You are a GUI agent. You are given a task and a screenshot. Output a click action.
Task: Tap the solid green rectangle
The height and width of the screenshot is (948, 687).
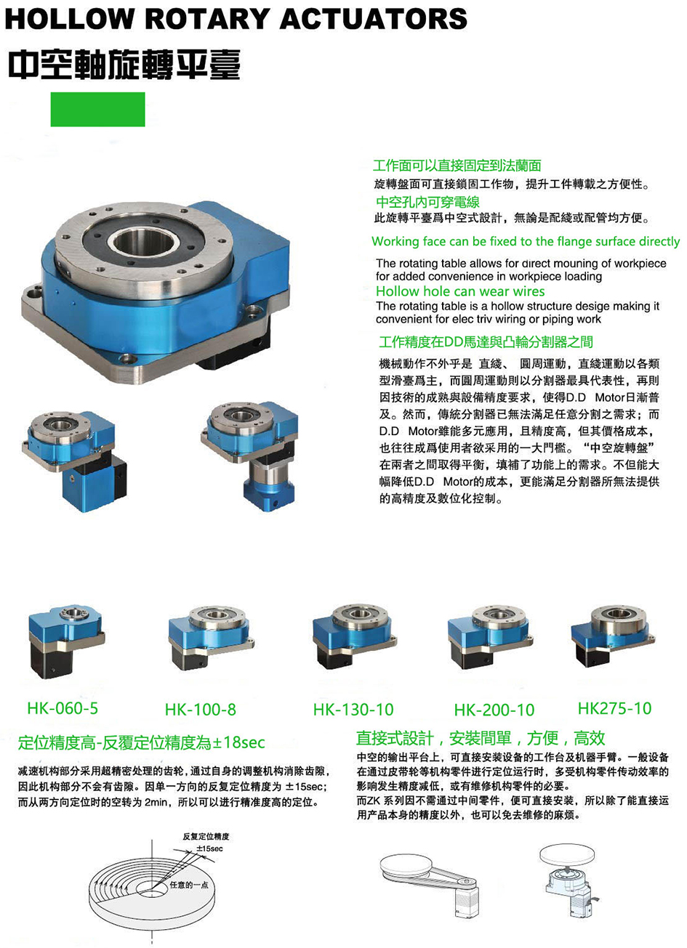pos(97,109)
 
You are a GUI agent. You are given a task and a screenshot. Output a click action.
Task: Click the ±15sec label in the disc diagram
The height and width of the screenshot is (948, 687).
pos(209,848)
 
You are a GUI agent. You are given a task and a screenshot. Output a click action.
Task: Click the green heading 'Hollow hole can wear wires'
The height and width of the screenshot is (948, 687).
pos(460,291)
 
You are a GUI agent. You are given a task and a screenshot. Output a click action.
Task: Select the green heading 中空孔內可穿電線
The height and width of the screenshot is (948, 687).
pos(427,202)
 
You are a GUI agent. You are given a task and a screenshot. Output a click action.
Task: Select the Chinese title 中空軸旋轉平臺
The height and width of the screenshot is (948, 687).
pos(124,65)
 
